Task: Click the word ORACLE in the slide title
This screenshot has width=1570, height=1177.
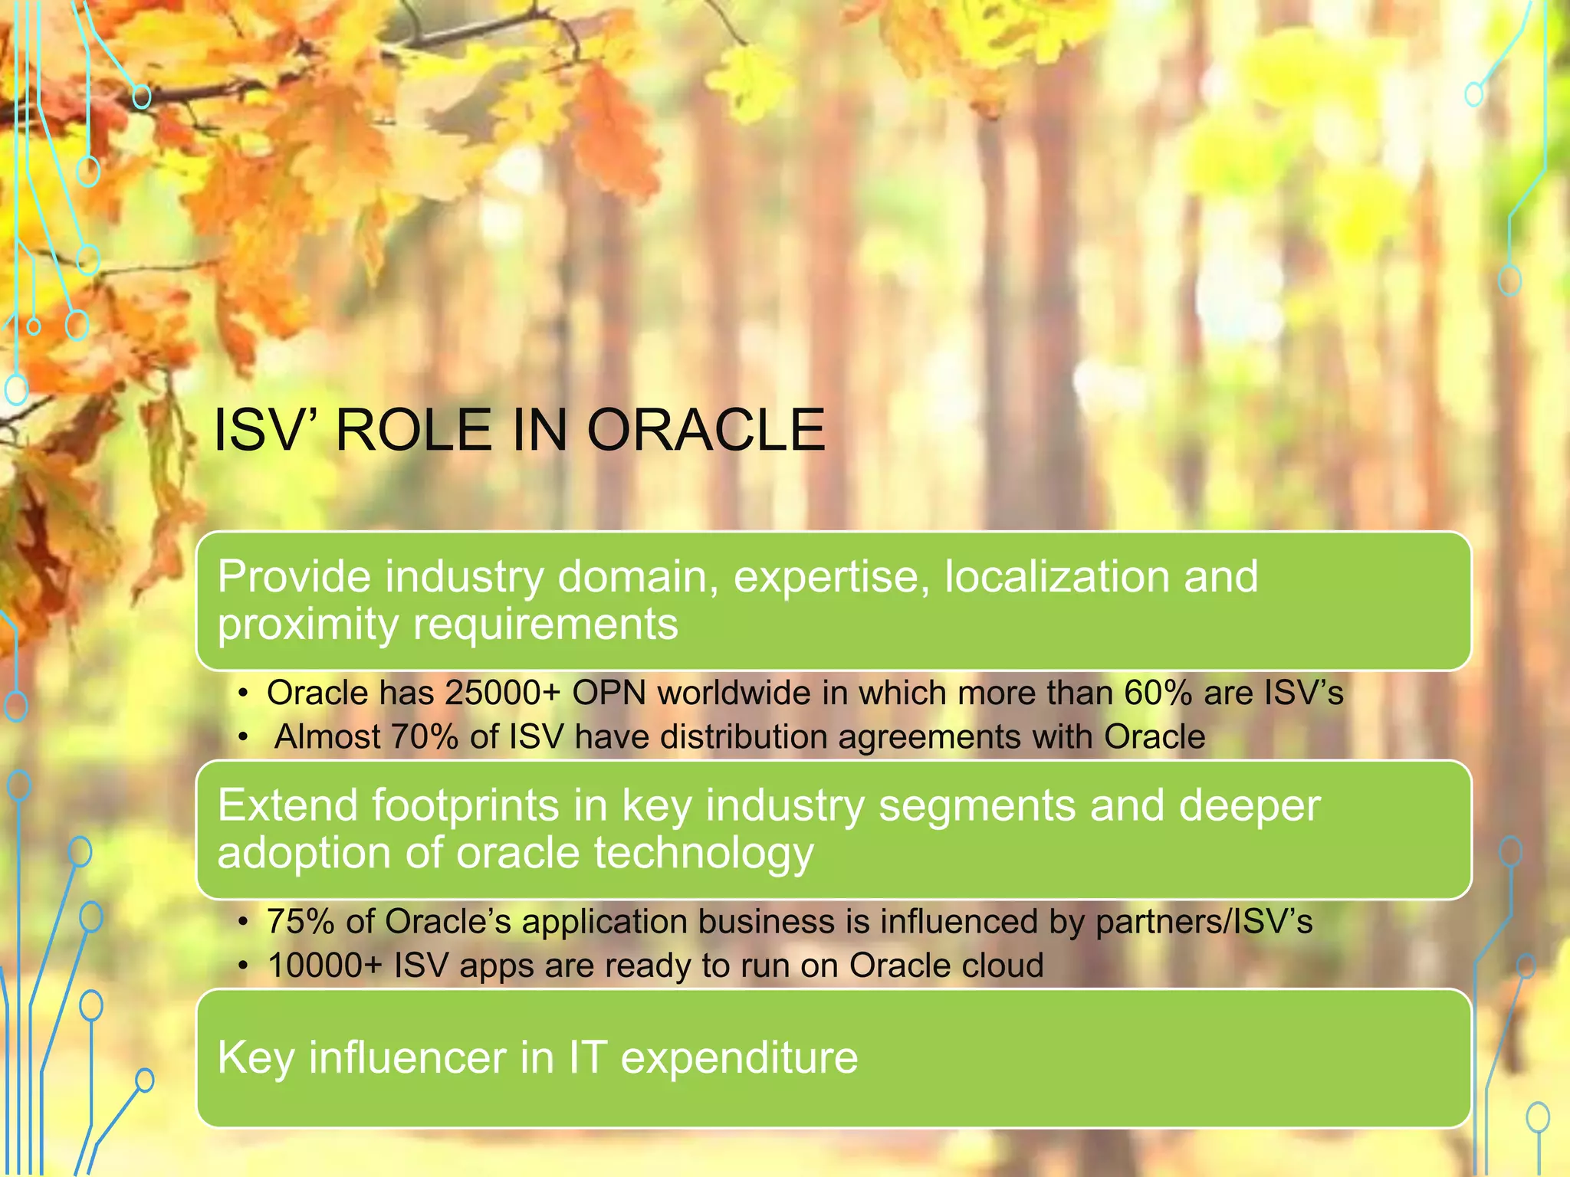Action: click(x=706, y=430)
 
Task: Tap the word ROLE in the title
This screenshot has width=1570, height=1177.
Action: click(x=413, y=430)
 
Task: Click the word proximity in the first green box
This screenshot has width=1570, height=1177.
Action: click(x=307, y=625)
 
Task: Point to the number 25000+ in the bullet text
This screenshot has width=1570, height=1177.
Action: click(x=503, y=693)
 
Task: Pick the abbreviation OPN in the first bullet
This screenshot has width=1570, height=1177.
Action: click(x=609, y=693)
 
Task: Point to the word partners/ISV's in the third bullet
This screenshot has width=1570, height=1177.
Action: click(x=1204, y=922)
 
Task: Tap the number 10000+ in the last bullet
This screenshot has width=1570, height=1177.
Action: click(x=324, y=966)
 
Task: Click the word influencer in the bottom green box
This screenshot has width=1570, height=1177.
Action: click(x=407, y=1058)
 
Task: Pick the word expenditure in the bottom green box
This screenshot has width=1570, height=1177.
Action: click(x=739, y=1058)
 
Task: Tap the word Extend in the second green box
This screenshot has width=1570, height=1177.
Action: click(x=287, y=806)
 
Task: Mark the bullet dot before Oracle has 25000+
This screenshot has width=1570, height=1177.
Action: click(x=243, y=694)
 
